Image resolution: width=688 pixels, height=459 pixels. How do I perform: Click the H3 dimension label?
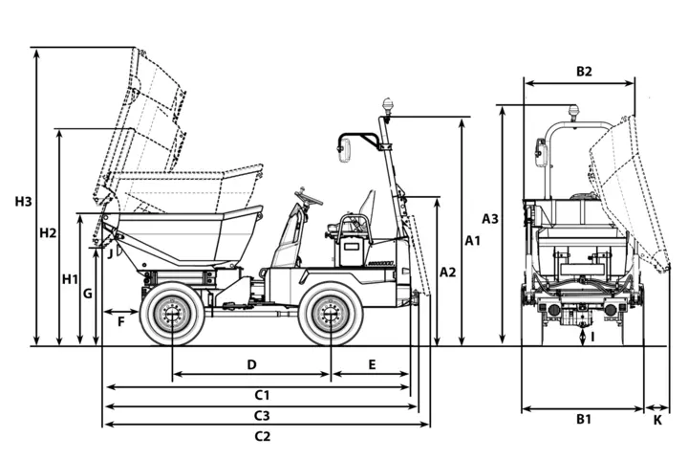[x=23, y=202]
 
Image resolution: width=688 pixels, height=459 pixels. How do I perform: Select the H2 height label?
[x=48, y=232]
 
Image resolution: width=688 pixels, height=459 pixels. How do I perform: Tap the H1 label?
[x=70, y=279]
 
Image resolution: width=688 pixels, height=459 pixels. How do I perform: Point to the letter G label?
[x=88, y=294]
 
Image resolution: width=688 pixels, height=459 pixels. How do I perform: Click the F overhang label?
[x=121, y=322]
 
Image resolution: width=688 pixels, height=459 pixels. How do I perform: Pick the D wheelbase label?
[x=251, y=364]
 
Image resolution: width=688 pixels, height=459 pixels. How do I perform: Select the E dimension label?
[x=372, y=364]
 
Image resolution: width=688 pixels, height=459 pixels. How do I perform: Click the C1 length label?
[x=262, y=395]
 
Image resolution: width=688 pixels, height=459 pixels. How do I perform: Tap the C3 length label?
[x=262, y=416]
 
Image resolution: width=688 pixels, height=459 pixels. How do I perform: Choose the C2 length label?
[x=263, y=437]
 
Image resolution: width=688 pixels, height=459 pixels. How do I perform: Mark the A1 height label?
[x=473, y=241]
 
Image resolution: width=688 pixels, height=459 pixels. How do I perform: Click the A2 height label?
[x=448, y=273]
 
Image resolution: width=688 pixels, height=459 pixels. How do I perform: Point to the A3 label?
[x=490, y=219]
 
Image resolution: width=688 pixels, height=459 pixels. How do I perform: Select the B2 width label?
[x=584, y=71]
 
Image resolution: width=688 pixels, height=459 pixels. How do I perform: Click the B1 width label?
[x=584, y=420]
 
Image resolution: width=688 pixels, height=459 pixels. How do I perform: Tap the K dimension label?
[x=657, y=421]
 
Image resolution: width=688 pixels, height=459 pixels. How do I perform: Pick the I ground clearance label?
[x=592, y=338]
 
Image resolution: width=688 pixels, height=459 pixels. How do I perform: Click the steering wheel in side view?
[x=309, y=197]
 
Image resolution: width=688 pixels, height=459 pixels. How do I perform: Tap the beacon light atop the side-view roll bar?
[x=387, y=108]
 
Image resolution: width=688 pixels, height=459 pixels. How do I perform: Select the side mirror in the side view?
[x=344, y=150]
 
